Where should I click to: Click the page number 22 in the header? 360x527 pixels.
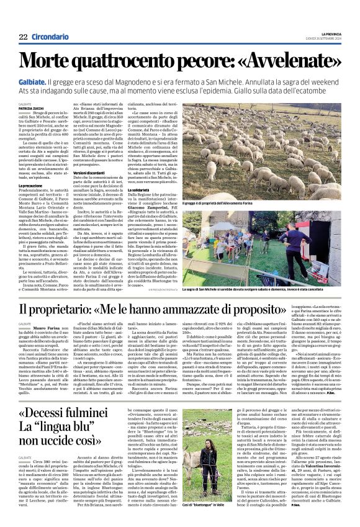[23, 37]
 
